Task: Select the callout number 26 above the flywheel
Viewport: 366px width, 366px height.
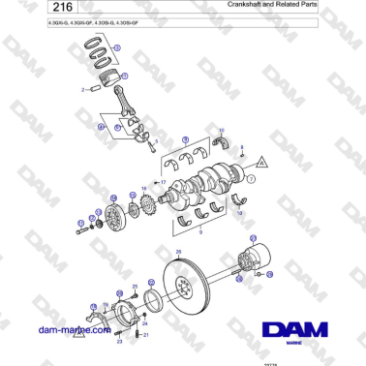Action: [177, 253]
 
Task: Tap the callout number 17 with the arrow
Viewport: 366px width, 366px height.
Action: [164, 182]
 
